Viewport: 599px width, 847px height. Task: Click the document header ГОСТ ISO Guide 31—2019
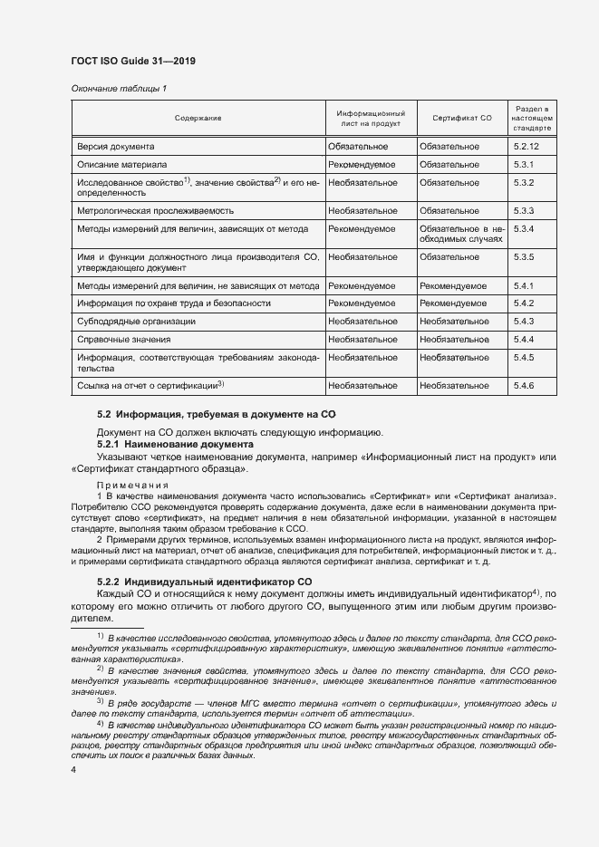132,61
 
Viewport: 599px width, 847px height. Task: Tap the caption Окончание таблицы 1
119,88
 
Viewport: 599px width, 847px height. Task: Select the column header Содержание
198,119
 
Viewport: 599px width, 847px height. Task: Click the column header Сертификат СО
461,119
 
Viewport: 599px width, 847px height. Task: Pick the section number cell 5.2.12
527,146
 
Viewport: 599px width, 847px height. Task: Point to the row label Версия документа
115,146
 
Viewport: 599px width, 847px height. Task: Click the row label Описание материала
121,165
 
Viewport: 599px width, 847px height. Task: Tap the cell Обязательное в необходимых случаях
461,235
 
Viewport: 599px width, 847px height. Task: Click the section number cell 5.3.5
525,257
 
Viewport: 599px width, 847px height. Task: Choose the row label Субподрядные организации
136,322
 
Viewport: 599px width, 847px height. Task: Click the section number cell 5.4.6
525,386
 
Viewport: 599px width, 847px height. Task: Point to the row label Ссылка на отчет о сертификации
150,386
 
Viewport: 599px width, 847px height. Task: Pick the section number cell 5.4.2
525,303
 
